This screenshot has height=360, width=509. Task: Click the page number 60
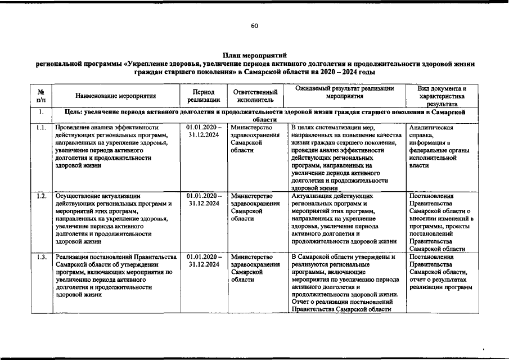[254, 26]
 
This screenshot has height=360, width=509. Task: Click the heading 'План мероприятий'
[254, 55]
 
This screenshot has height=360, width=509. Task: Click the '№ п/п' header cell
[41, 96]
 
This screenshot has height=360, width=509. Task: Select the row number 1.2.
[41, 196]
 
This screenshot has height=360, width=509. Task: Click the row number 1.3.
[41, 257]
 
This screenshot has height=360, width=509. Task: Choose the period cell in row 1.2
[203, 200]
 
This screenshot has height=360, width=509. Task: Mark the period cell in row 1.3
[203, 260]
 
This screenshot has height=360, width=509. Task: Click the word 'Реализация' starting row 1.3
[72, 257]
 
